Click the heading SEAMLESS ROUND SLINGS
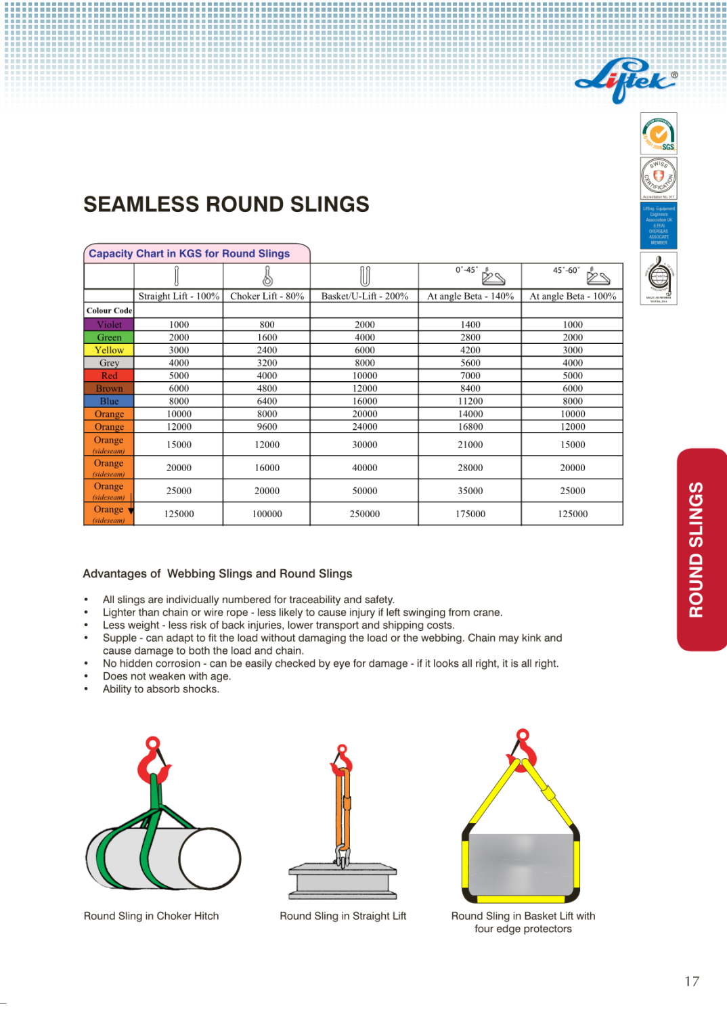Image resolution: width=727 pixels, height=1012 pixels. click(226, 204)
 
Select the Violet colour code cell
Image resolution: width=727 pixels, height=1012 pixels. click(109, 325)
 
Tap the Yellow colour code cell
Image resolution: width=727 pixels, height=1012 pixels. click(109, 351)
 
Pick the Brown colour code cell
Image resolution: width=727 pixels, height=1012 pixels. click(109, 389)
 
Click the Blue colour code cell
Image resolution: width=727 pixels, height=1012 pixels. click(109, 401)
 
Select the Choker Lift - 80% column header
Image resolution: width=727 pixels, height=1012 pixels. click(267, 296)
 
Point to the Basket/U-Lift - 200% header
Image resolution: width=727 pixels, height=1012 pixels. click(364, 296)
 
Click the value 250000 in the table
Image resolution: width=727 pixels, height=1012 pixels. click(364, 514)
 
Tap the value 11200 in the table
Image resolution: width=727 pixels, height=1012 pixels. click(470, 401)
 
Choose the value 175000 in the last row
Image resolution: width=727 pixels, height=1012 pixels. click(470, 514)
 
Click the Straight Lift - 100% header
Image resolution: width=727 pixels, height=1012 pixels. click(179, 296)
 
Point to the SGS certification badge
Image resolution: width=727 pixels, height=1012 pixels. click(659, 133)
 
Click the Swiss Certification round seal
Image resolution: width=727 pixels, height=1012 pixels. click(659, 178)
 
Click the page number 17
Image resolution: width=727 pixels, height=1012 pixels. click(691, 981)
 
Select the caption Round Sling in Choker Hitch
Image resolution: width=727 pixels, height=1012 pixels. click(151, 916)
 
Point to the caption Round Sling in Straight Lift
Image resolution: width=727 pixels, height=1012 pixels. click(343, 916)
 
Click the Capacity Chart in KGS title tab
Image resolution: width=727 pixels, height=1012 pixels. click(190, 254)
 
